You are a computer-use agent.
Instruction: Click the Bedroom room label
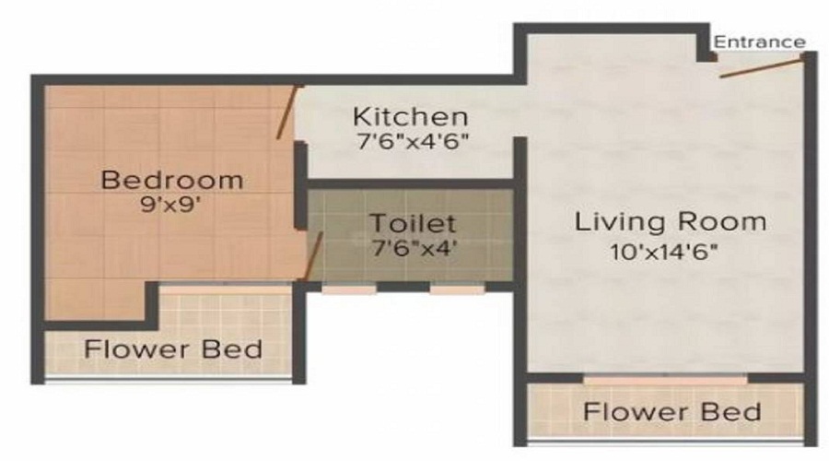tap(172, 179)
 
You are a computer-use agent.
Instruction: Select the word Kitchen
tap(412, 117)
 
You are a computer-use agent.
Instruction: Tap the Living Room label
tap(671, 222)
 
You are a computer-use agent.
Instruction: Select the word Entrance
tap(760, 41)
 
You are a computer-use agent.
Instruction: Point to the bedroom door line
tap(287, 112)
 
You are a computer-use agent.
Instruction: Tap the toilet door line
tap(314, 254)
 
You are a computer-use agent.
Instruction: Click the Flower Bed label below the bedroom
tap(173, 350)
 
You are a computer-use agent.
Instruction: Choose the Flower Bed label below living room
tap(672, 411)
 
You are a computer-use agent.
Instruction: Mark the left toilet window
tap(349, 289)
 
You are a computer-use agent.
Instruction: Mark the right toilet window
tap(458, 289)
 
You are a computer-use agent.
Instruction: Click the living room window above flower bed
tap(666, 379)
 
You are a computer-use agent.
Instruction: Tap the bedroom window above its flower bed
tap(226, 288)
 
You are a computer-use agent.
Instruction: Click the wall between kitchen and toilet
tap(410, 185)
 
